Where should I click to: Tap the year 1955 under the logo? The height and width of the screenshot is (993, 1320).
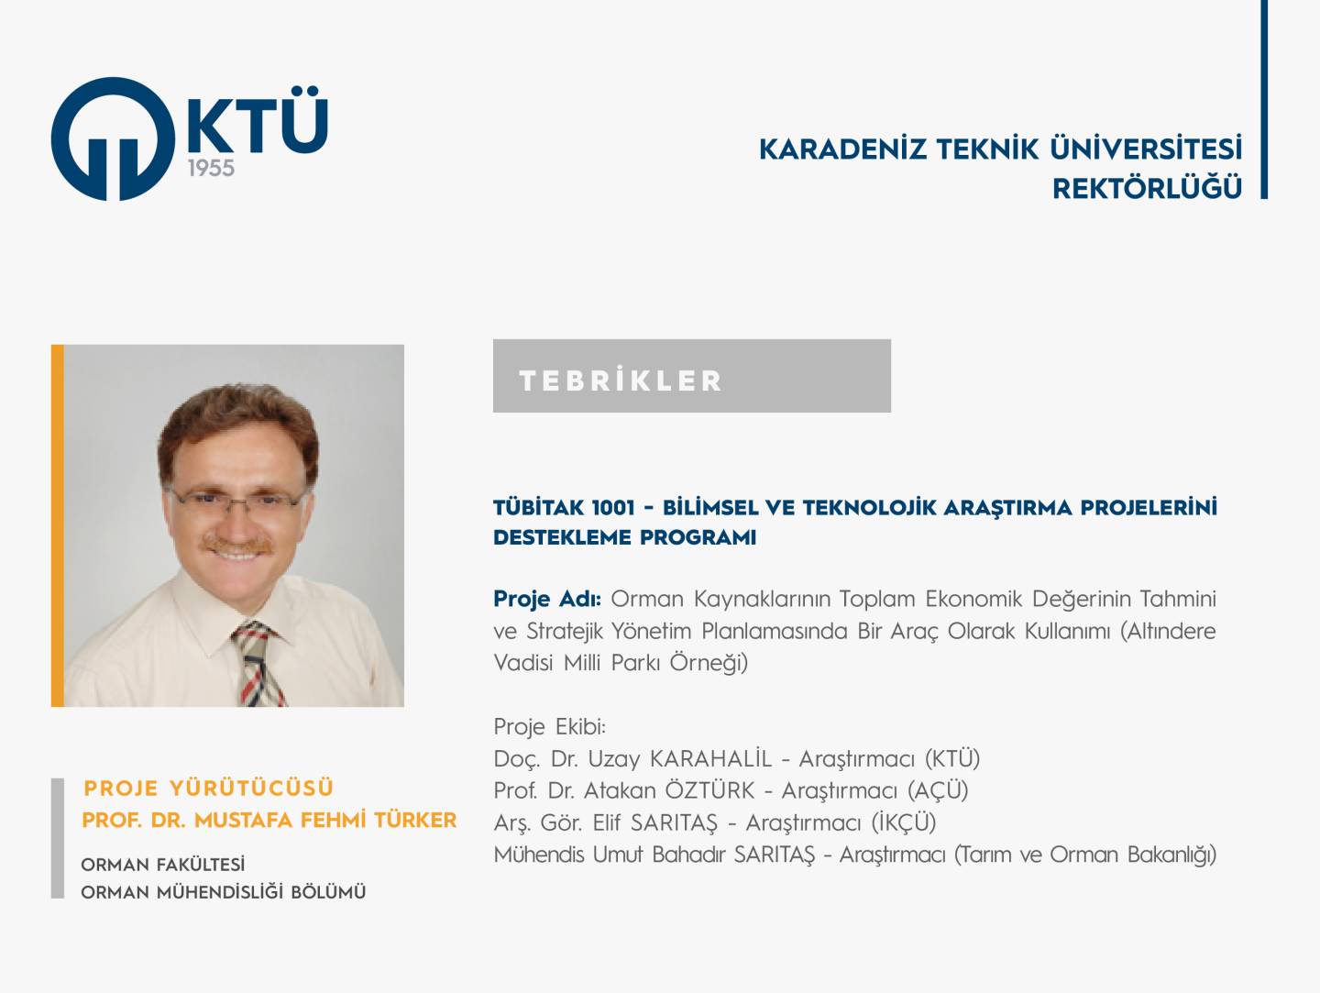pyautogui.click(x=211, y=169)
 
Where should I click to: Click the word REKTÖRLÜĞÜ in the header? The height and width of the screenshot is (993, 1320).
pyautogui.click(x=1147, y=188)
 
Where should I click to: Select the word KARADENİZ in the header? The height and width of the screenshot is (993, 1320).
pyautogui.click(x=841, y=149)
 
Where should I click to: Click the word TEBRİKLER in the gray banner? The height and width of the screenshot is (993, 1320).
pyautogui.click(x=621, y=381)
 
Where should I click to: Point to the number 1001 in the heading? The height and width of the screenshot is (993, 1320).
pyautogui.click(x=613, y=508)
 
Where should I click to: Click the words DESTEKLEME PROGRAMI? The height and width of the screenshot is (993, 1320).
pyautogui.click(x=625, y=537)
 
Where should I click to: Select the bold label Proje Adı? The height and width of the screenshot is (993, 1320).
pyautogui.click(x=547, y=599)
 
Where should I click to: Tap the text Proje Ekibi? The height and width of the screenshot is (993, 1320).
pyautogui.click(x=550, y=727)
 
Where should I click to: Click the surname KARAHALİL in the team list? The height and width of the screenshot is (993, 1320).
pyautogui.click(x=710, y=759)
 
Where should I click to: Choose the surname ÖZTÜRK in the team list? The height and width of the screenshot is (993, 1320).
pyautogui.click(x=709, y=791)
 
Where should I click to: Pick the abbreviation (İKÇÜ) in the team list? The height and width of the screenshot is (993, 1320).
pyautogui.click(x=904, y=822)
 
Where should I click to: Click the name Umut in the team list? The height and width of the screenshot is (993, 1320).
pyautogui.click(x=618, y=855)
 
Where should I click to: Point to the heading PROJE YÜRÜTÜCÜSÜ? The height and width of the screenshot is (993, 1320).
pyautogui.click(x=209, y=789)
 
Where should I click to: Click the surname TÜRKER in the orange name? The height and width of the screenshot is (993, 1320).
pyautogui.click(x=415, y=821)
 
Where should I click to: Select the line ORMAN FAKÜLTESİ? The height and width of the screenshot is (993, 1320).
pyautogui.click(x=163, y=865)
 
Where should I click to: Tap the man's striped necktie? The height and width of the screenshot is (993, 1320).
pyautogui.click(x=258, y=664)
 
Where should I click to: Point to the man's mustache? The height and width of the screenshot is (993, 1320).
pyautogui.click(x=236, y=545)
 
